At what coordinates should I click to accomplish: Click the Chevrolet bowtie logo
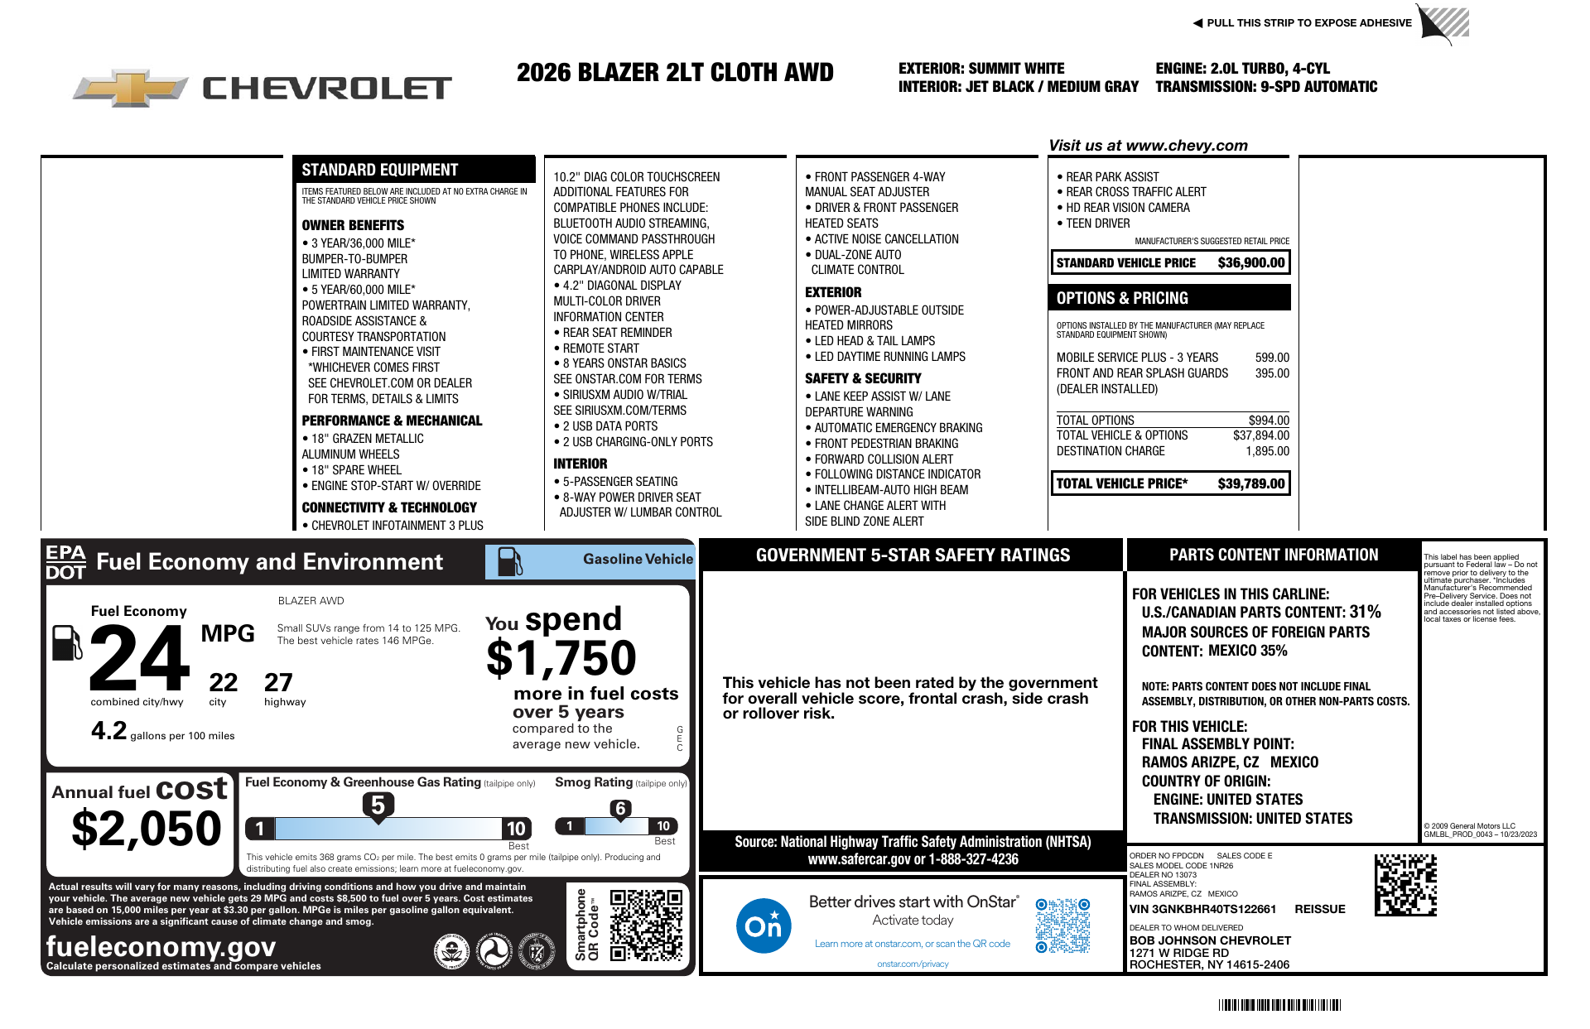coord(131,88)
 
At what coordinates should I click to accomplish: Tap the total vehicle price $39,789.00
coord(1250,483)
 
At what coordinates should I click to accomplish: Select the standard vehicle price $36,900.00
coord(1250,263)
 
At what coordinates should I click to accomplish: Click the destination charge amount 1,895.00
coord(1267,451)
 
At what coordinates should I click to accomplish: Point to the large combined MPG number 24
coord(139,659)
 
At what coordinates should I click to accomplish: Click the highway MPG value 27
coord(278,683)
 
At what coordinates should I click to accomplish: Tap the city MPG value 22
coord(223,683)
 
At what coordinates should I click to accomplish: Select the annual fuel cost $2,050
coord(147,829)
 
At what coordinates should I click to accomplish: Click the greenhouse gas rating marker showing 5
coord(378,805)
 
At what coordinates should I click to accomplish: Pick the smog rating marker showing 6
coord(620,809)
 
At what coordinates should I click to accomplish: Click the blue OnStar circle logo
coord(763,926)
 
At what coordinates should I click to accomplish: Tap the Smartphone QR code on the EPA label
coord(646,925)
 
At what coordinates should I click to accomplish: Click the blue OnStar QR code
coord(1062,926)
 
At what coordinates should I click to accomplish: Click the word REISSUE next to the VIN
coord(1319,909)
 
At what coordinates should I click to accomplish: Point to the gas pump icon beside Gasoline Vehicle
coord(509,561)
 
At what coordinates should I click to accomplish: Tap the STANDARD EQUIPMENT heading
coord(379,170)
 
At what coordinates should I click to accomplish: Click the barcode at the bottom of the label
coord(1279,1005)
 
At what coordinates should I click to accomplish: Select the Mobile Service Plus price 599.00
coord(1272,358)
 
